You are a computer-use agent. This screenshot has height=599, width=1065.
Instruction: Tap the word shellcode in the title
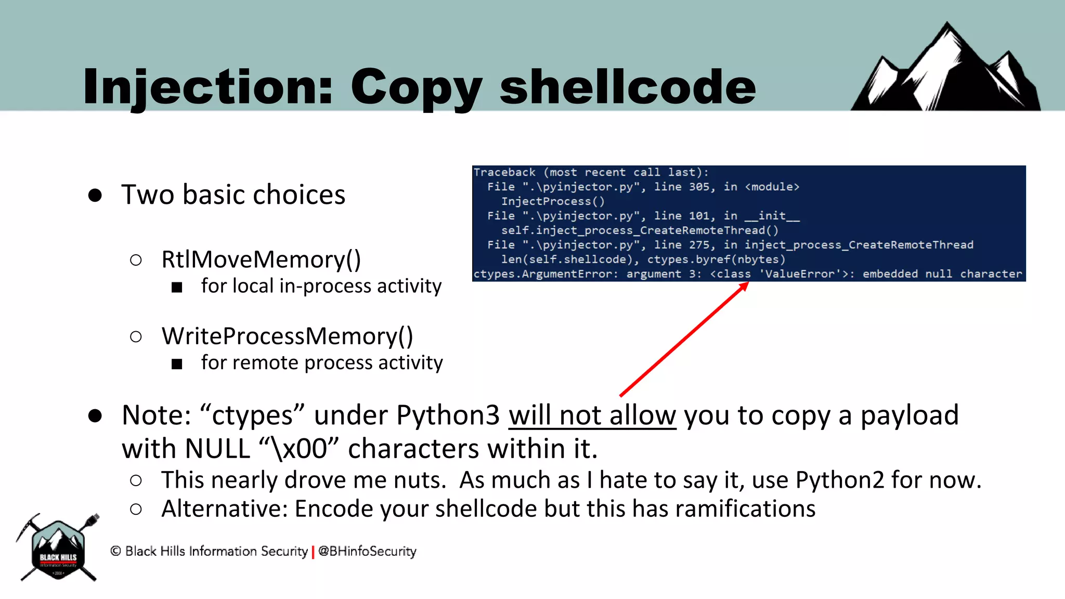[628, 87]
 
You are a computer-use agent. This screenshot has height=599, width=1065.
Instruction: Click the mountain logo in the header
[945, 68]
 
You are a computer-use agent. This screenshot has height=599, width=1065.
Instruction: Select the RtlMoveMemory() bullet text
[261, 259]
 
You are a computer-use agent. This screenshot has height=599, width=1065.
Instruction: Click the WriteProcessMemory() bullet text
[287, 336]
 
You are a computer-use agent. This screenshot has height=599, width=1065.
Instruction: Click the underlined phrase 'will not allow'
[592, 415]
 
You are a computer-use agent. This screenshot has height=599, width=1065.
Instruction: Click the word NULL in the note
[217, 448]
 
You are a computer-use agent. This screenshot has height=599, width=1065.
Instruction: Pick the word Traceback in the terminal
[504, 172]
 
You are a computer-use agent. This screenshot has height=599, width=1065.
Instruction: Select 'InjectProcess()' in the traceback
[553, 201]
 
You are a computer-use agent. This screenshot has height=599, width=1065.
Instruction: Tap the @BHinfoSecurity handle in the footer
[367, 551]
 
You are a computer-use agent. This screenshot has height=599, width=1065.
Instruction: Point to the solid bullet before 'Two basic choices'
[95, 195]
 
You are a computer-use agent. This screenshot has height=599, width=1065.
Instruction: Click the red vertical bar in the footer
[313, 552]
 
